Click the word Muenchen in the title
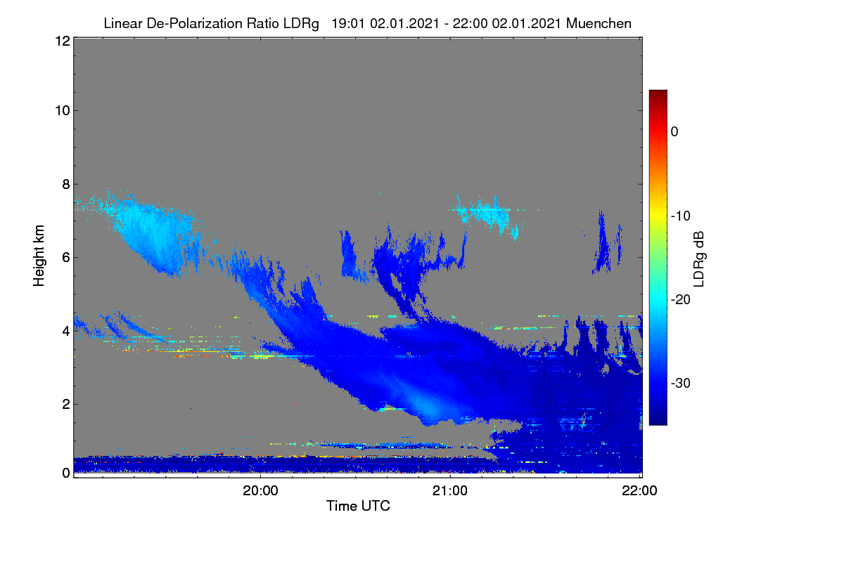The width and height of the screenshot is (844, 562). click(599, 23)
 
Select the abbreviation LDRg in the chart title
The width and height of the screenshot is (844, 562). click(301, 24)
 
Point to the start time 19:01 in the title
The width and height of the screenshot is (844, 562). click(347, 23)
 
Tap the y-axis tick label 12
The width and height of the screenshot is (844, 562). click(63, 41)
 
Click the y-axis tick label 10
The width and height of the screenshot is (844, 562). click(63, 111)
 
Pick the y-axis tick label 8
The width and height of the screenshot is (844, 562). click(66, 185)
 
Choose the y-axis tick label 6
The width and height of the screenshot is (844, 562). click(66, 258)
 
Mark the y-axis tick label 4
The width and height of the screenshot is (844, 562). click(66, 332)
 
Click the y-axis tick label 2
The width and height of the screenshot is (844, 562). click(66, 404)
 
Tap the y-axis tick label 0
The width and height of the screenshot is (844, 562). click(66, 473)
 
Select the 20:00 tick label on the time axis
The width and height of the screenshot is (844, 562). click(260, 491)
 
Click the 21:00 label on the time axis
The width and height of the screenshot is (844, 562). click(450, 491)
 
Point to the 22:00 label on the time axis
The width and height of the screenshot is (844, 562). click(639, 491)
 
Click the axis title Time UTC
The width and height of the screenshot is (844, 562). click(358, 506)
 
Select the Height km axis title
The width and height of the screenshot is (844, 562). click(39, 256)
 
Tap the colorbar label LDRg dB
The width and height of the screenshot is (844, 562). click(698, 259)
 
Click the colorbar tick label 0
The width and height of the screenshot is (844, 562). click(674, 132)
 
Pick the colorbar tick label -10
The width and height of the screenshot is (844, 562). click(681, 216)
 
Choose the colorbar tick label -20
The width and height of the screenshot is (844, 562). click(681, 300)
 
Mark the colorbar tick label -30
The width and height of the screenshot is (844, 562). click(681, 383)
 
